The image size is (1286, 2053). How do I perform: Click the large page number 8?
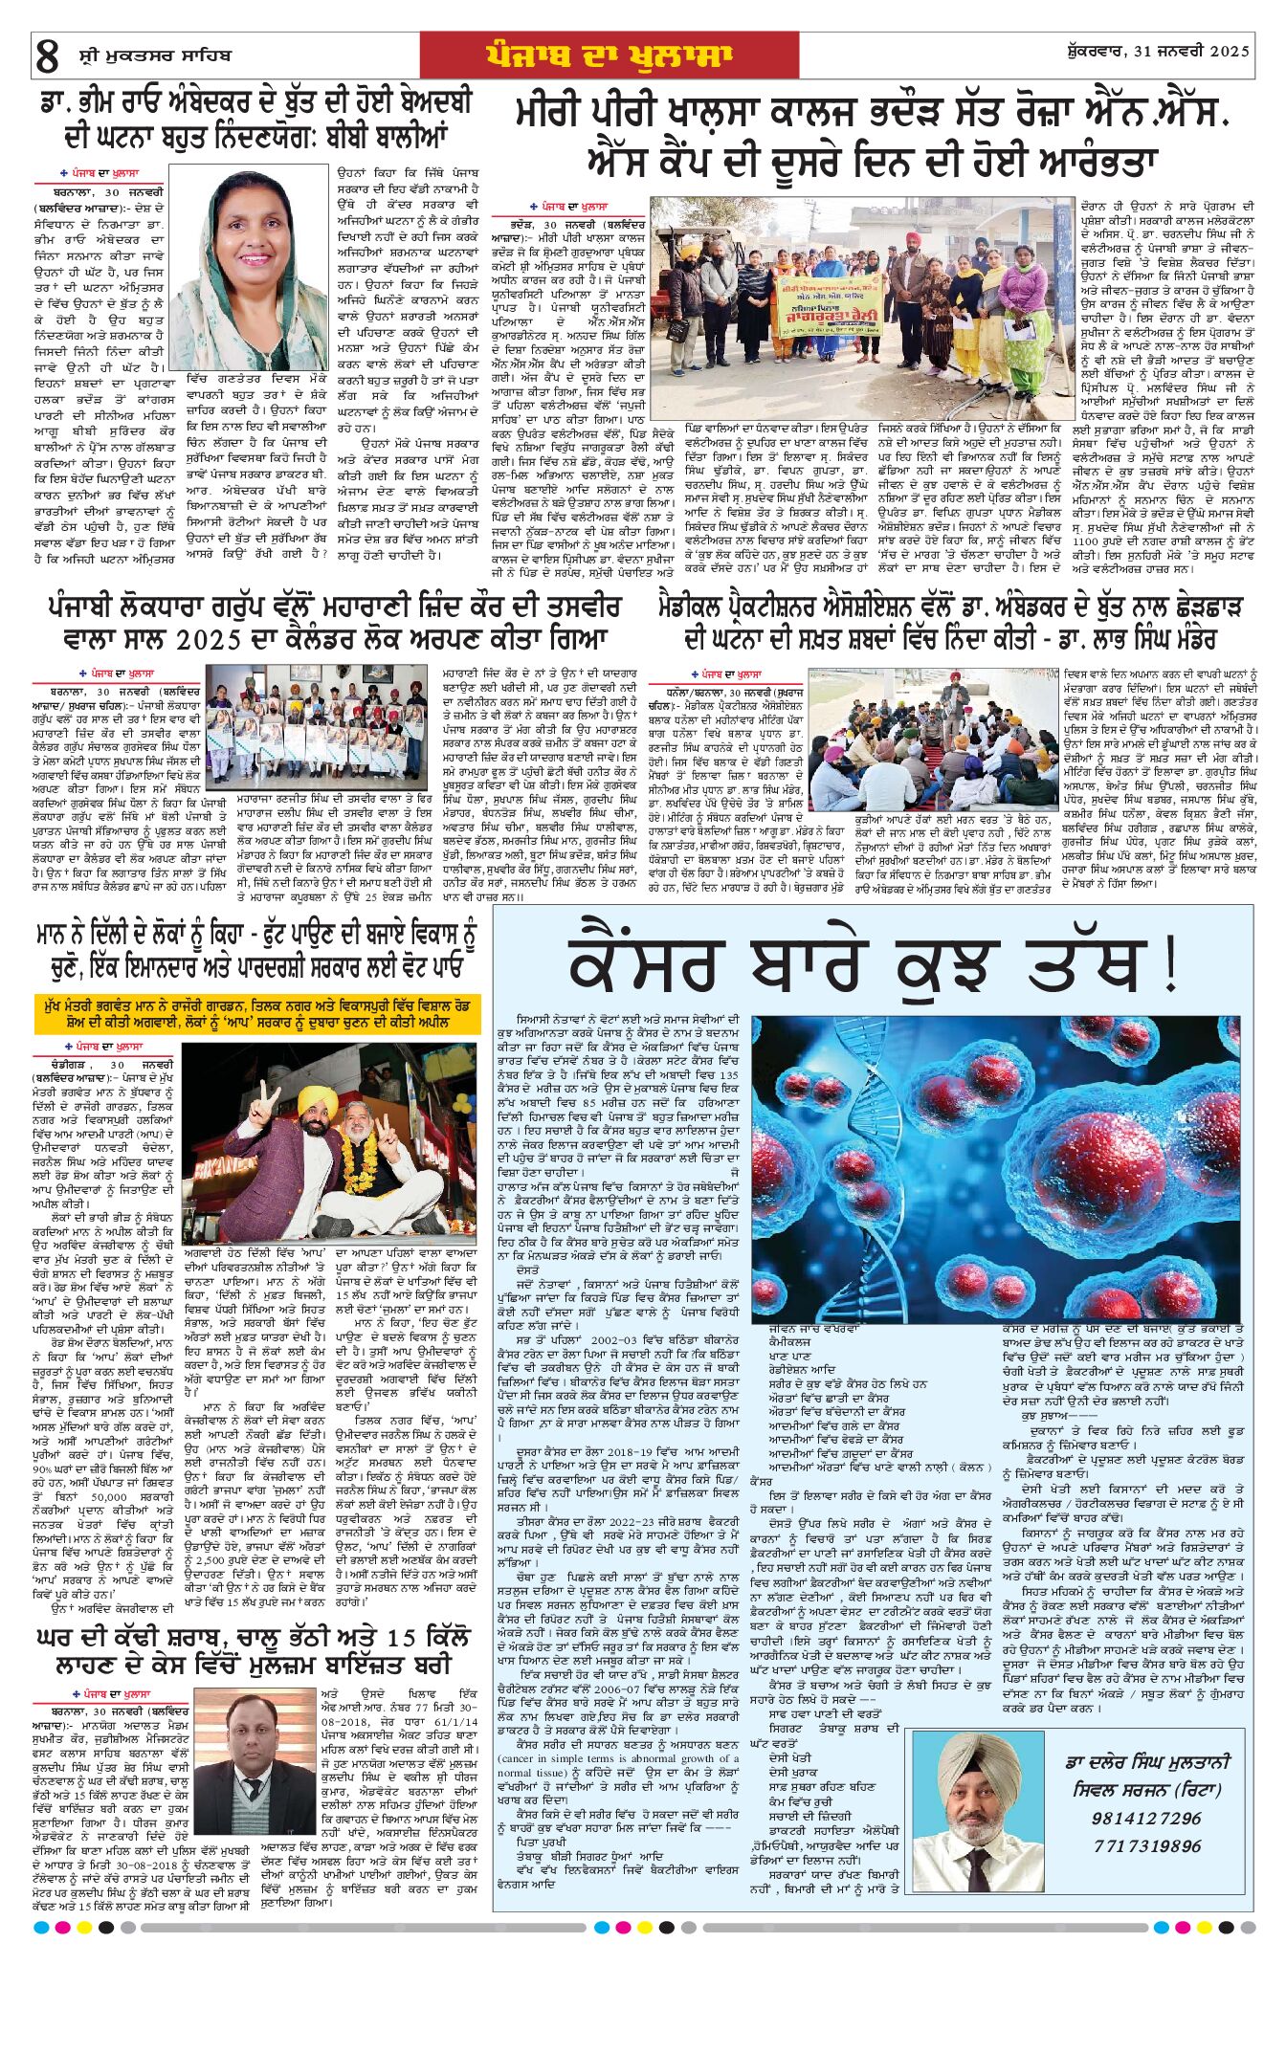(x=47, y=55)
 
